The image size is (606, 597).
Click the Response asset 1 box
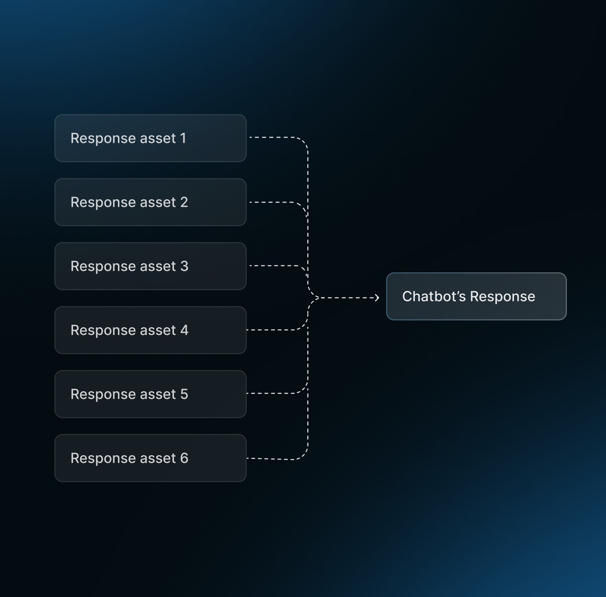(x=150, y=138)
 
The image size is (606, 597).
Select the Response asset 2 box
(x=150, y=202)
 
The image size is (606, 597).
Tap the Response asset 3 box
(x=150, y=266)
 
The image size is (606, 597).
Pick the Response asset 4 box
(x=150, y=330)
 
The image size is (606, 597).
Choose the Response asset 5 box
(x=150, y=394)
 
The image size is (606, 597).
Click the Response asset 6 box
(x=150, y=458)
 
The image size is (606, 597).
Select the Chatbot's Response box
(x=476, y=296)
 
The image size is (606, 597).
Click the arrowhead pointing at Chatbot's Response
(x=377, y=298)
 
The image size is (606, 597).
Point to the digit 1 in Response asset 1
(x=183, y=138)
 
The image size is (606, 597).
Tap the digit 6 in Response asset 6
(x=184, y=458)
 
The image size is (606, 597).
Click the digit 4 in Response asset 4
(x=184, y=330)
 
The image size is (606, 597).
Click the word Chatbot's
(x=434, y=296)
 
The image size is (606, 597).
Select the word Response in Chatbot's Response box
(x=502, y=297)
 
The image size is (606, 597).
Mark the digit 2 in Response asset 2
(x=184, y=202)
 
